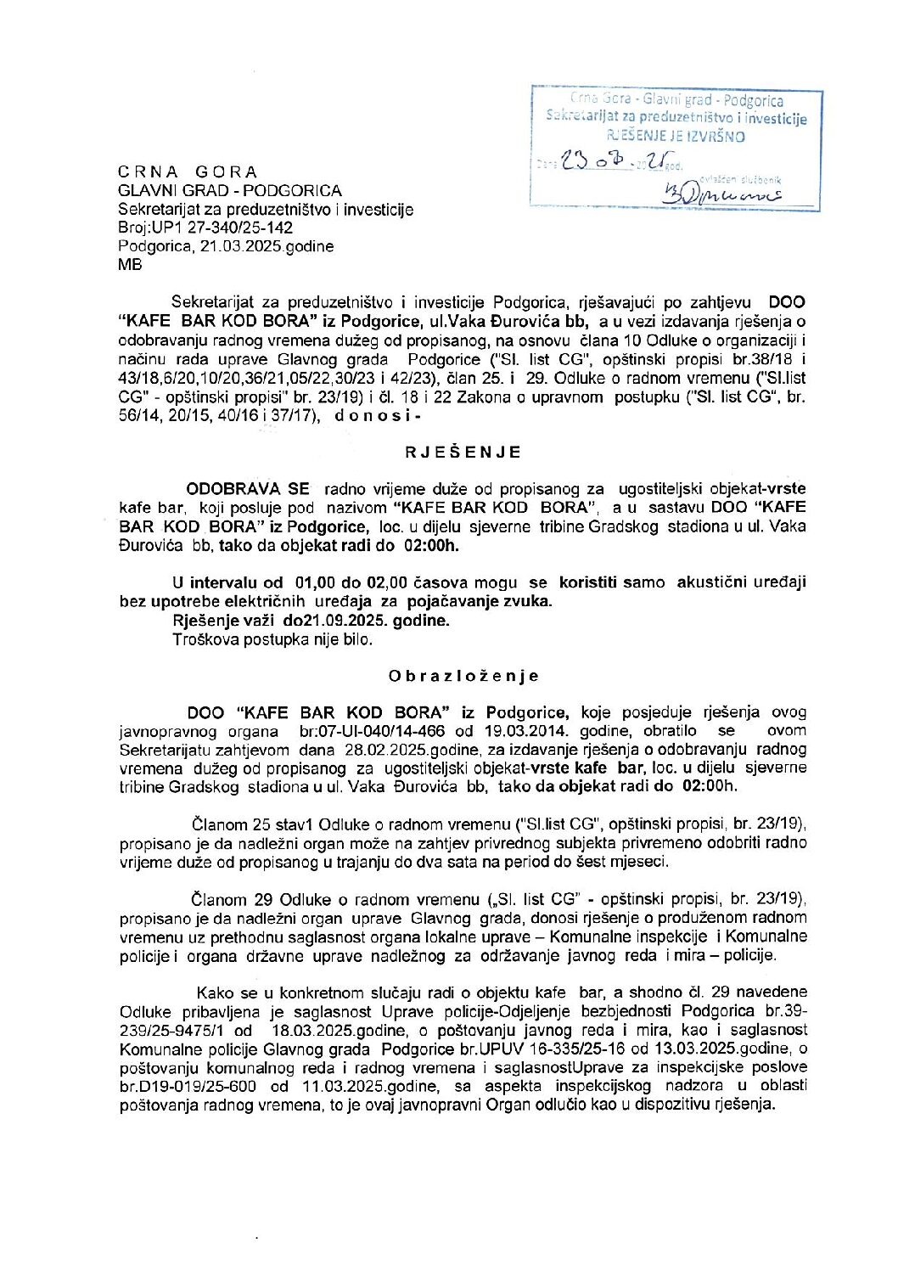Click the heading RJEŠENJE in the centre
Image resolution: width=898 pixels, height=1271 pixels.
coord(463,453)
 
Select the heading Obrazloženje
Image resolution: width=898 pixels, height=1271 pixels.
coord(463,677)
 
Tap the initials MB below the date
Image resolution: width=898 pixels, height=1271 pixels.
coord(130,265)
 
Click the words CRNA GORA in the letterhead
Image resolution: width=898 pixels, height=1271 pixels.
coord(188,172)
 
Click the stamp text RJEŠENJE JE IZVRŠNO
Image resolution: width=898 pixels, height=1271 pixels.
coord(676,136)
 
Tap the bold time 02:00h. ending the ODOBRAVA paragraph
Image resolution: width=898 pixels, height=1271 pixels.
coord(428,545)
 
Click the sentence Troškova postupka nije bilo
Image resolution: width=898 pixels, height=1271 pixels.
coord(272,639)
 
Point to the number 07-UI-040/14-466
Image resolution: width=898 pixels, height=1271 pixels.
coord(385,731)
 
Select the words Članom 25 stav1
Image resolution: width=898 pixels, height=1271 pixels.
coord(250,824)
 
